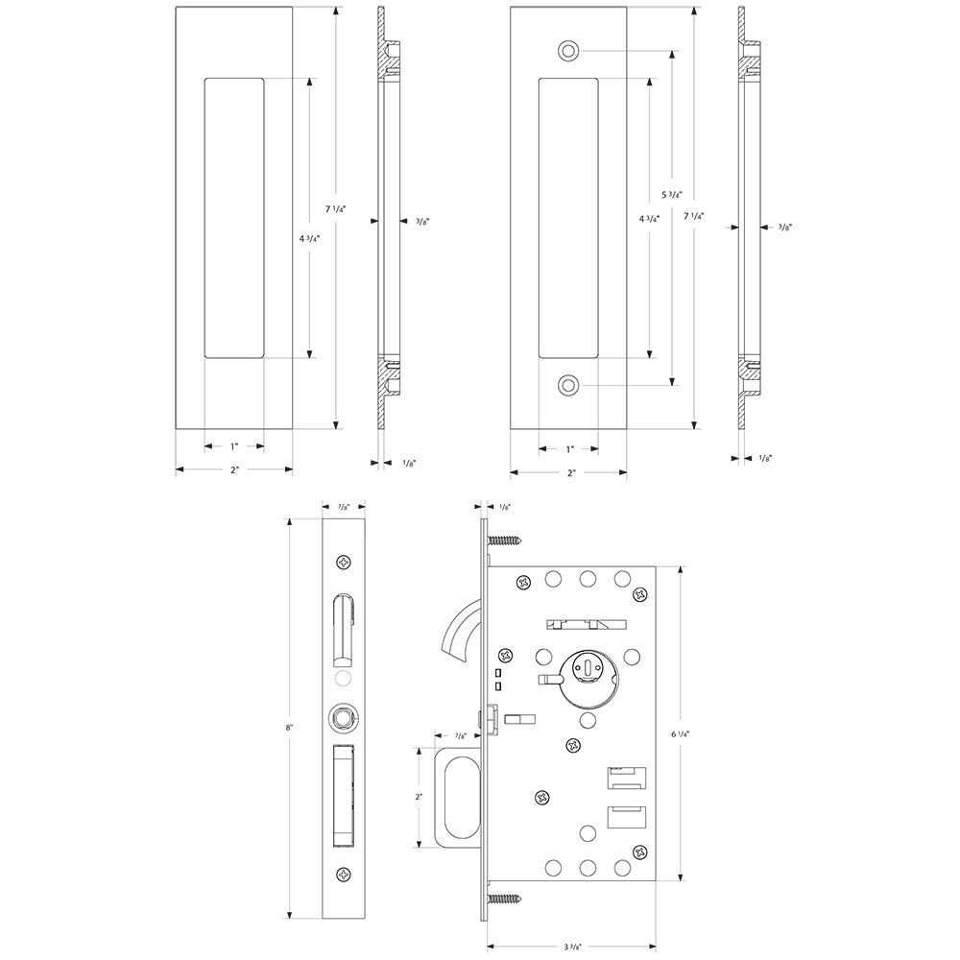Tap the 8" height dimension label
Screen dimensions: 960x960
click(289, 729)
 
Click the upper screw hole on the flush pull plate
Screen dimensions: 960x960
click(569, 49)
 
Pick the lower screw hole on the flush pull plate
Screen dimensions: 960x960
click(569, 386)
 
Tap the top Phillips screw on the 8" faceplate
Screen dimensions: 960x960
click(345, 562)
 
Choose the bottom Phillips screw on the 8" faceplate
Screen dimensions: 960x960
click(345, 873)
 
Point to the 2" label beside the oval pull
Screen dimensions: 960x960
click(419, 797)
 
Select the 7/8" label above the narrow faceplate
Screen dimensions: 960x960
click(345, 506)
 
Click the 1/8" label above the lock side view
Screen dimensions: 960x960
click(505, 506)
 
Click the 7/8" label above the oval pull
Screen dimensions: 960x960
click(462, 736)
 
